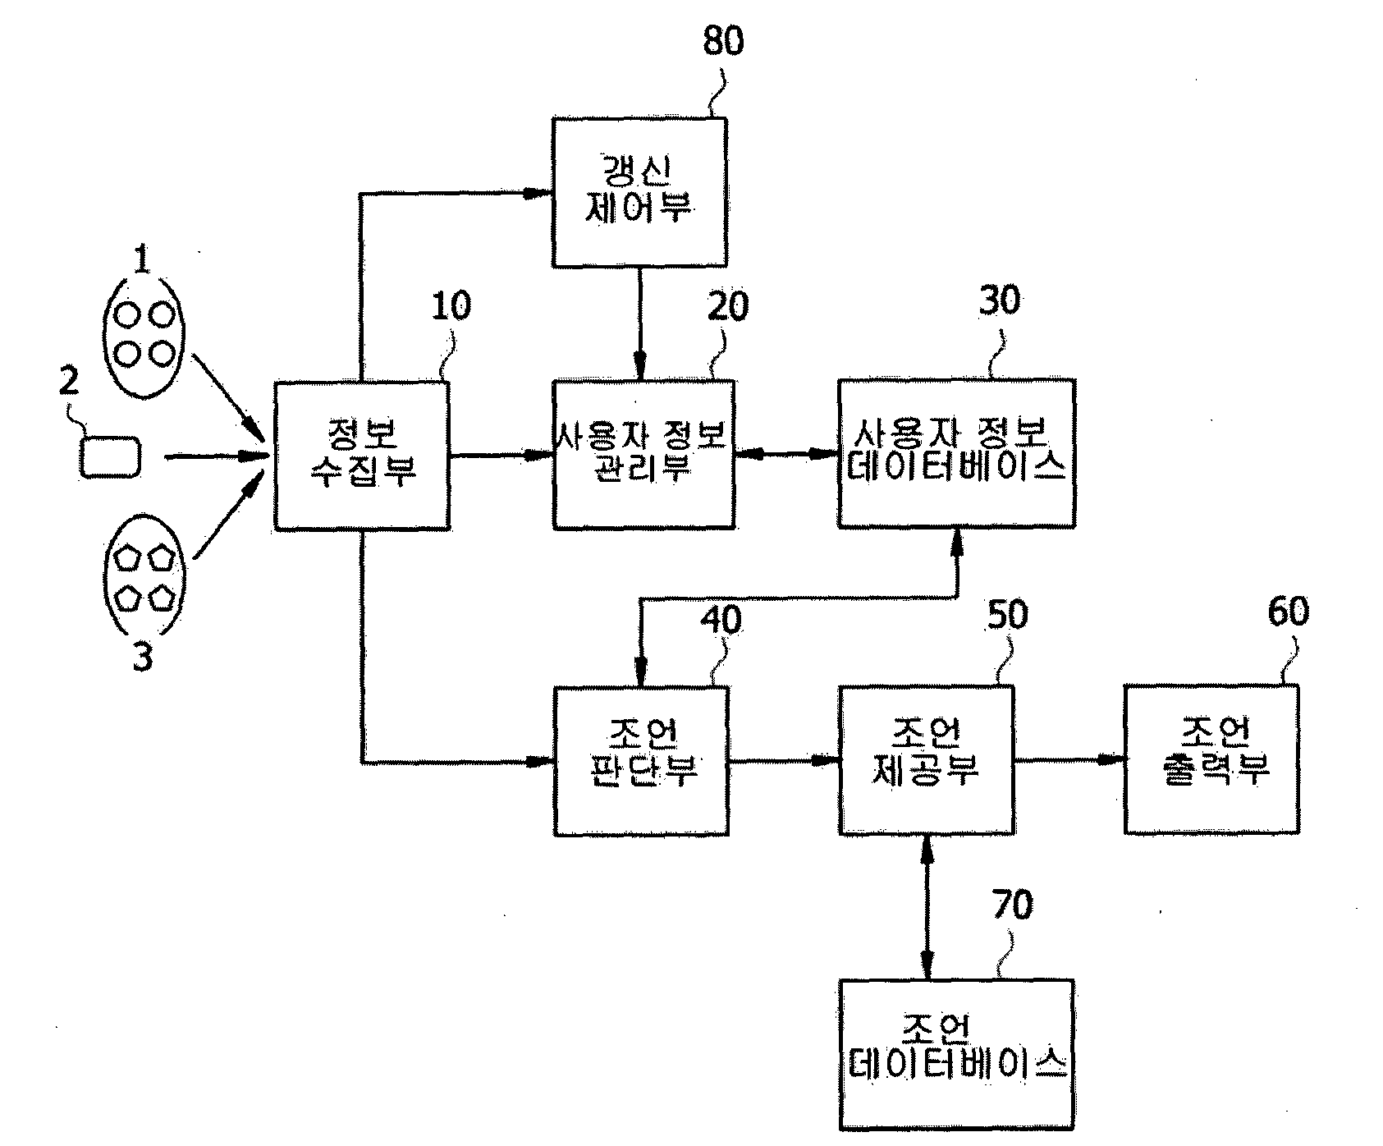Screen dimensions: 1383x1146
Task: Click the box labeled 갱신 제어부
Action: coord(639,192)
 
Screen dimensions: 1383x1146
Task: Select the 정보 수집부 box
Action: coord(362,456)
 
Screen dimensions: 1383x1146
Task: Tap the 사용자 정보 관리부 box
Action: coord(643,454)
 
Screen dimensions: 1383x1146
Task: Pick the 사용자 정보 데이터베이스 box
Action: coord(956,453)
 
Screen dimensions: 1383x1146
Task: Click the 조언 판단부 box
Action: coord(642,761)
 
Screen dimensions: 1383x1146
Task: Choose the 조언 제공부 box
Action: coord(926,760)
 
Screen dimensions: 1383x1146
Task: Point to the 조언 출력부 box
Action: coord(1212,760)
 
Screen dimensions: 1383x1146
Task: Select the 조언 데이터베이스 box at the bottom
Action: coord(956,1054)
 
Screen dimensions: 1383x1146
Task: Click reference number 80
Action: coord(723,40)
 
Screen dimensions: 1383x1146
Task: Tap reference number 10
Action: coord(451,306)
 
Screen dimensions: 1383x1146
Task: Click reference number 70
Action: coord(1012,905)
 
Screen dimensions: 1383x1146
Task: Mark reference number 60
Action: coord(1288,611)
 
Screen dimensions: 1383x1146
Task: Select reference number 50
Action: coord(1006,614)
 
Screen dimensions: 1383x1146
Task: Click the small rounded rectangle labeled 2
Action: coord(111,456)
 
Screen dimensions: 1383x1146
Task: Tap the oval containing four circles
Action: coord(144,337)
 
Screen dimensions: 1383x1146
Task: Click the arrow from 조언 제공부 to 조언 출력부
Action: coord(1069,760)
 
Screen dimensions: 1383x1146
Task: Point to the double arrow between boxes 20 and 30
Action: coord(786,453)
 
